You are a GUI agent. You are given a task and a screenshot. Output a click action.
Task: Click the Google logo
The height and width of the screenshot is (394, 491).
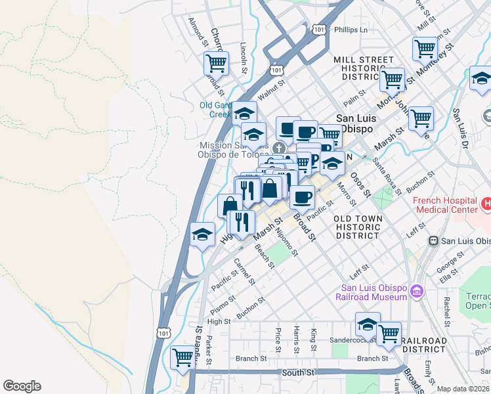click(22, 386)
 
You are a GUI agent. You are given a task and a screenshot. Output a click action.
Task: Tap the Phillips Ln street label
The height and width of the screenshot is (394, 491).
click(349, 30)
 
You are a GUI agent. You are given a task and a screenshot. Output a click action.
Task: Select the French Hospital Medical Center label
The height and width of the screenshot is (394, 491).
click(445, 205)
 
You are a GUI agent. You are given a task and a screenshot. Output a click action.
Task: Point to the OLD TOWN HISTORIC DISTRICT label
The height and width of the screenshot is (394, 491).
click(356, 227)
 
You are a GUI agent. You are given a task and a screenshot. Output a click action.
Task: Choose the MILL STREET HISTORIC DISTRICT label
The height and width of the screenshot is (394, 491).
click(363, 68)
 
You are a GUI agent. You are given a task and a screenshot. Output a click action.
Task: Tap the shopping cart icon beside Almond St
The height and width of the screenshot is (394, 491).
click(216, 64)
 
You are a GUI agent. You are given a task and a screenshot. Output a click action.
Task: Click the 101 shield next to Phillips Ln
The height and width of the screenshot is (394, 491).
click(319, 30)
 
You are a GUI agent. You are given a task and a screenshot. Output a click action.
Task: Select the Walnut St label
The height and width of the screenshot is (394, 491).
click(272, 91)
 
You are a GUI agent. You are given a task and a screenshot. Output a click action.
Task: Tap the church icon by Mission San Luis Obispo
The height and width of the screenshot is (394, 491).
click(280, 146)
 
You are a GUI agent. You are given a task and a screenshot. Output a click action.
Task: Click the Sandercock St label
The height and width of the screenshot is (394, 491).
click(354, 340)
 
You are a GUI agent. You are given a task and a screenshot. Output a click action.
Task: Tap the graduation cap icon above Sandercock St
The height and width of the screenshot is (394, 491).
click(368, 323)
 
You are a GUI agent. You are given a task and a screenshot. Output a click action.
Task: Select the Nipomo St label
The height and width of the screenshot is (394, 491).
click(287, 242)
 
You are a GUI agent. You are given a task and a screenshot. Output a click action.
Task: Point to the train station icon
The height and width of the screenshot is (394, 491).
click(433, 241)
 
